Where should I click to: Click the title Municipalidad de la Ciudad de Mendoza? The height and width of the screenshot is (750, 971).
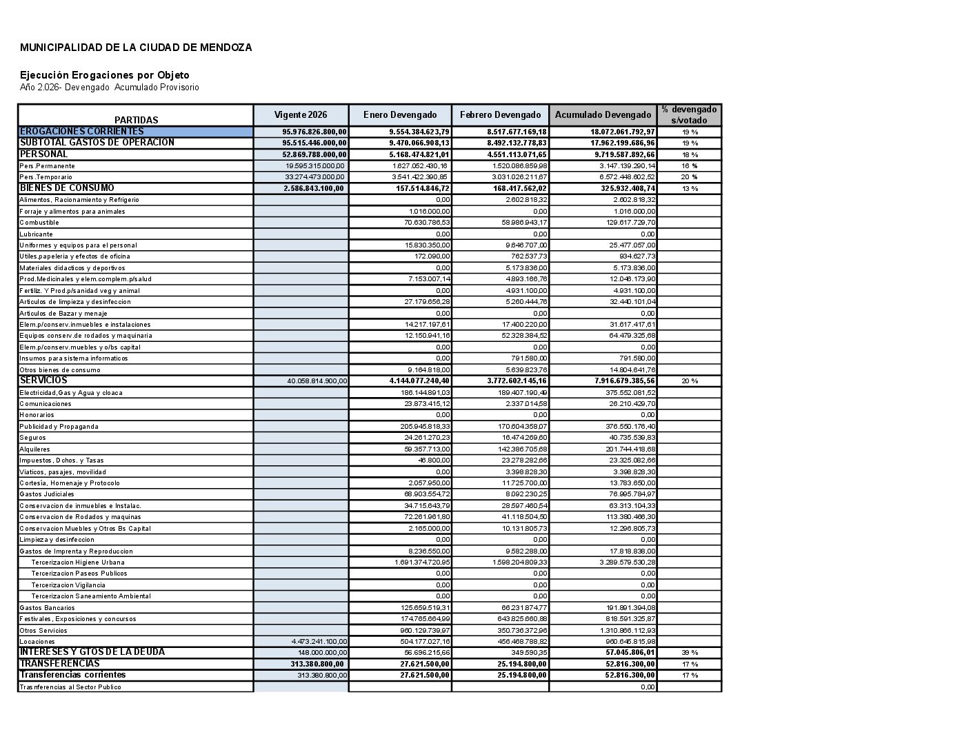[136, 48]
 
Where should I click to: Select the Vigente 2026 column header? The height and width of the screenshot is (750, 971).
[301, 115]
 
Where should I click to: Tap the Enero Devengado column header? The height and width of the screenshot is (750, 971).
[400, 115]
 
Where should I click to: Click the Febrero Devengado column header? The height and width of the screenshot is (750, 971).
[500, 115]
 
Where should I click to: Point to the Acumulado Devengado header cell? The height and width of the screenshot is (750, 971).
[603, 115]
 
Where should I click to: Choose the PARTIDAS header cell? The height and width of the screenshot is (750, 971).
[136, 120]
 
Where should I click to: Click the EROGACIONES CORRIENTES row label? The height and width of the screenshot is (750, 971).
[82, 132]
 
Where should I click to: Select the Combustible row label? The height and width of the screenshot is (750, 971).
[39, 223]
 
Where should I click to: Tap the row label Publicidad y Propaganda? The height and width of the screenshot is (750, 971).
[59, 427]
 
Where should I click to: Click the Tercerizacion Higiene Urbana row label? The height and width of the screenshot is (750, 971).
[78, 562]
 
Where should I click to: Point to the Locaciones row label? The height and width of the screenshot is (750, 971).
[37, 642]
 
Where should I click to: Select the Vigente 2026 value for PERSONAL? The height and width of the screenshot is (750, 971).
[314, 155]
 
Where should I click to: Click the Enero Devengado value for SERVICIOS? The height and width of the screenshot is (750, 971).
[419, 381]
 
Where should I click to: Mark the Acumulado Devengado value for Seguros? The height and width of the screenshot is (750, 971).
[628, 438]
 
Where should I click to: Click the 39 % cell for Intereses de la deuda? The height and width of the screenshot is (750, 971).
[689, 653]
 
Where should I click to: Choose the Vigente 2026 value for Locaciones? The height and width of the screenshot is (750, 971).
[319, 642]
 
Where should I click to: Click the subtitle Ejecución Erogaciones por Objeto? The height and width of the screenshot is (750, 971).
[104, 75]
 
